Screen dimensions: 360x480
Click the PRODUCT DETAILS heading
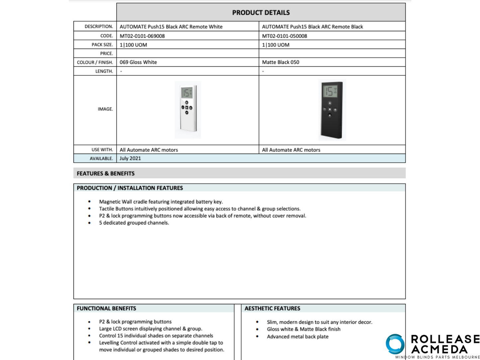pyautogui.click(x=261, y=13)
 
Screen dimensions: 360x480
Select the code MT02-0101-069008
pyautogui.click(x=142, y=36)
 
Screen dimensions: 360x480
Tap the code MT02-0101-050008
pyautogui.click(x=284, y=36)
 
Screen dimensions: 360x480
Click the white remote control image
pyautogui.click(x=188, y=110)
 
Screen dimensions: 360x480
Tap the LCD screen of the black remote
pyautogui.click(x=330, y=91)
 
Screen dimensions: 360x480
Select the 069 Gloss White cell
pyautogui.click(x=138, y=62)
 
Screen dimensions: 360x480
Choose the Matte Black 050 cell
pyautogui.click(x=280, y=62)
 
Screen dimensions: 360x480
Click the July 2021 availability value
pyautogui.click(x=130, y=158)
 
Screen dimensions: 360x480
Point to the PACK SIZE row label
pyautogui.click(x=102, y=45)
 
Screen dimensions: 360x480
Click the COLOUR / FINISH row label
pyautogui.click(x=95, y=62)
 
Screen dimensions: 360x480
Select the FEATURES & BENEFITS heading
pyautogui.click(x=106, y=173)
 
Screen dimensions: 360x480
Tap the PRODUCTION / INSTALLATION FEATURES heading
pyautogui.click(x=130, y=188)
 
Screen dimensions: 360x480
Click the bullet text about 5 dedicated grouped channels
pyautogui.click(x=134, y=223)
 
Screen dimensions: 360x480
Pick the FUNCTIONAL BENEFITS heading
pyautogui.click(x=106, y=308)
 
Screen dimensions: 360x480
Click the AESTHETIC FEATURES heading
pyautogui.click(x=272, y=308)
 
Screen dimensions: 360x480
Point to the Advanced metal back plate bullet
pyautogui.click(x=298, y=336)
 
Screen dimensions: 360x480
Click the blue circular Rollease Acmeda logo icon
pyautogui.click(x=395, y=344)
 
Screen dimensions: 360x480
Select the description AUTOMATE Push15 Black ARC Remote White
pyautogui.click(x=171, y=27)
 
